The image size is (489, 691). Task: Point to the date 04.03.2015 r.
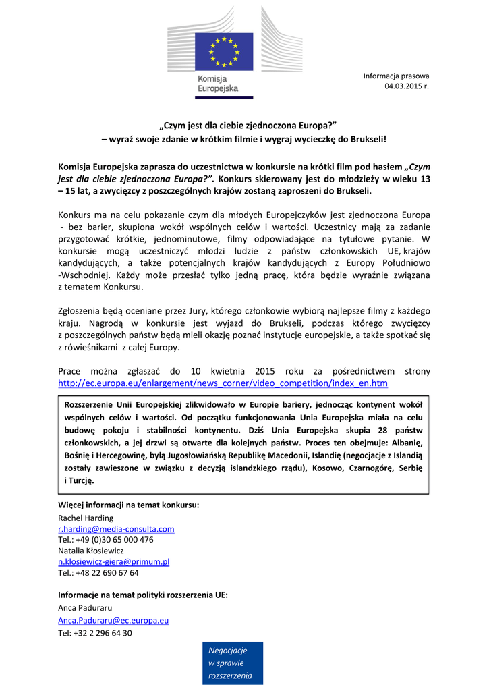pos(407,86)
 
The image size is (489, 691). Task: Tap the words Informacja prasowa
pos(396,76)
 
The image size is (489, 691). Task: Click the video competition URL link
pos(223,383)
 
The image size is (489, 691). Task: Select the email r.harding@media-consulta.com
pos(116,529)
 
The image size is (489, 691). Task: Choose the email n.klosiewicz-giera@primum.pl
pos(113,561)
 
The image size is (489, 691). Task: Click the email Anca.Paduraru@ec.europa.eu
pos(113,619)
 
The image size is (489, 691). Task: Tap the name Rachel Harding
pos(86,518)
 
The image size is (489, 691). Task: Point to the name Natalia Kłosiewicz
pos(91,551)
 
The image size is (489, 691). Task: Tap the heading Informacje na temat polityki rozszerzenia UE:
pos(142,595)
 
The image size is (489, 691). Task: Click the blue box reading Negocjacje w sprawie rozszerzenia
pos(232,663)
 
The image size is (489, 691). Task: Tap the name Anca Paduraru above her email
pos(84,608)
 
